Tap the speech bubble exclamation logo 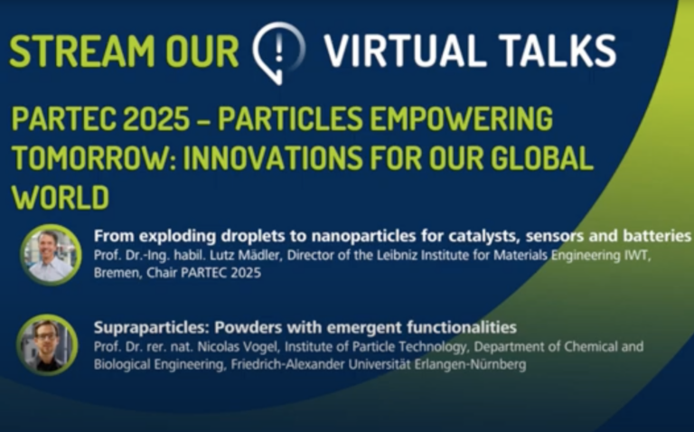278,50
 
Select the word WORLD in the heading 61,197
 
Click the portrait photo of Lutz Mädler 50,254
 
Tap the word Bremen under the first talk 114,273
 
